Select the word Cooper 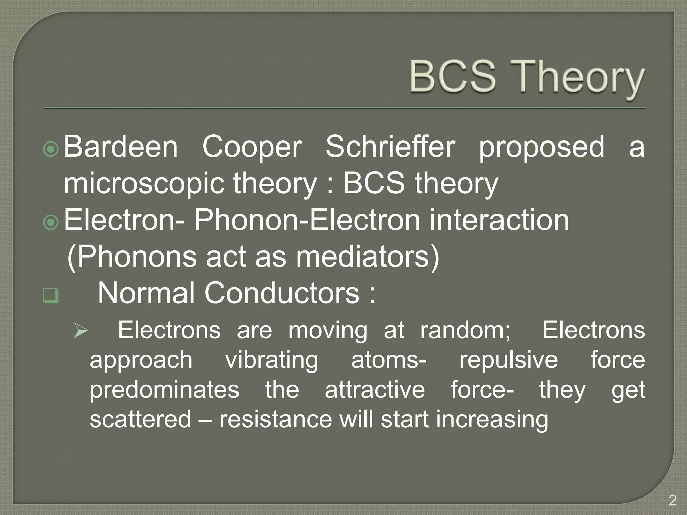pos(252,148)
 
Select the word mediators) pos(367,257)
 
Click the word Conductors pos(282,293)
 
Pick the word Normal pos(146,293)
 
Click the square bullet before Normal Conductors pos(51,295)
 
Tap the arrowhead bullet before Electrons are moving pos(81,331)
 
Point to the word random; pos(466,331)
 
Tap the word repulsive pos(508,360)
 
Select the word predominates pos(164,390)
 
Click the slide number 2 pos(672,501)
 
